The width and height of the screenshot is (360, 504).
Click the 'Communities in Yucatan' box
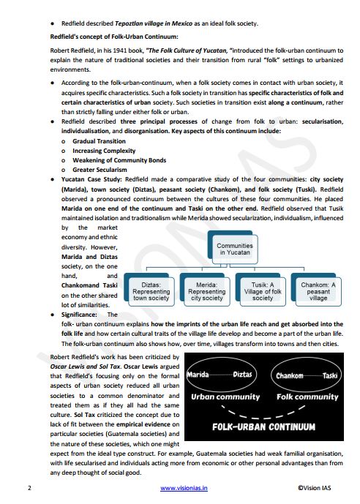point(235,250)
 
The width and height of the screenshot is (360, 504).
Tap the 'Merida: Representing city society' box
point(207,291)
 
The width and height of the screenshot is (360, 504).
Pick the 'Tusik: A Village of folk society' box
point(263,291)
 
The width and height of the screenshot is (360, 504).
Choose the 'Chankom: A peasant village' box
point(318,291)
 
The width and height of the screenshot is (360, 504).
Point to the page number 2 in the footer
point(29,487)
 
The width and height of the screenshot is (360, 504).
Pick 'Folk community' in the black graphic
point(305,397)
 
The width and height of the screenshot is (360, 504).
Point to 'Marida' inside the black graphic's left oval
point(201,375)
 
